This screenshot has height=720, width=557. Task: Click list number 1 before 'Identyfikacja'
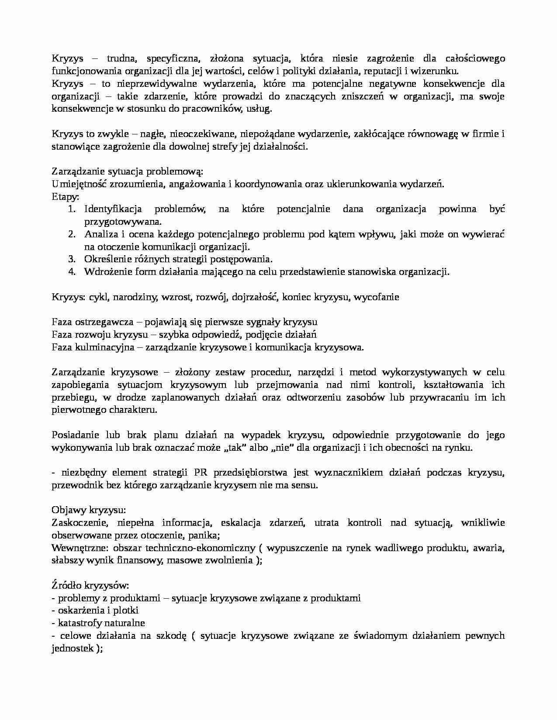point(72,209)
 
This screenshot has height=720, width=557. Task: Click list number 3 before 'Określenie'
point(72,259)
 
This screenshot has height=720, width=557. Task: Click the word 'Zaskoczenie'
point(78,523)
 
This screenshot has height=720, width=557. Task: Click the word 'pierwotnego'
point(79,410)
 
